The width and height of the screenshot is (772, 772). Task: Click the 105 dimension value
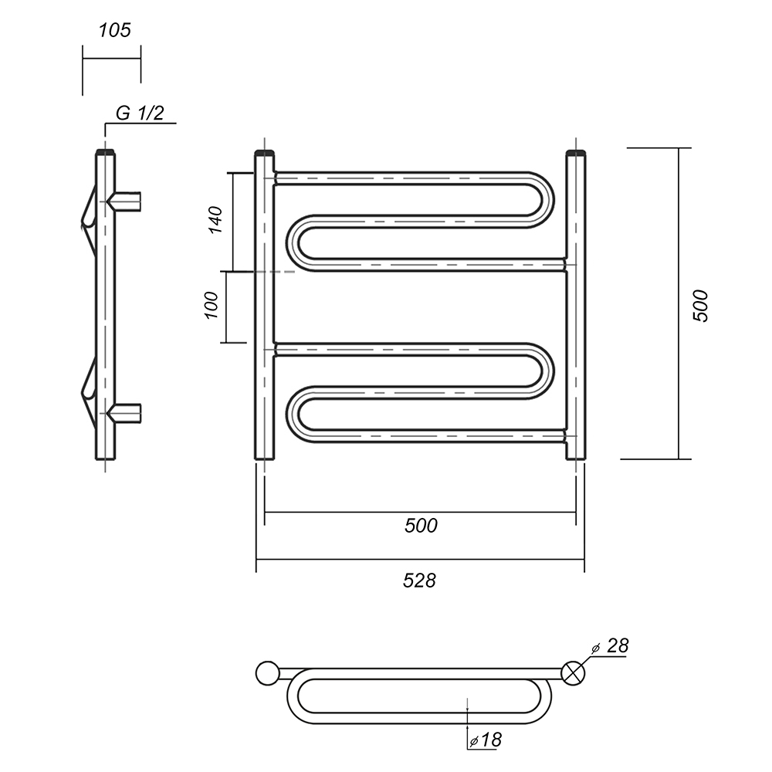click(x=115, y=31)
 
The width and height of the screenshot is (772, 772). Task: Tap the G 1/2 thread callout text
click(x=140, y=113)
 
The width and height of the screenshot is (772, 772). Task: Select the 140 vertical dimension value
click(x=215, y=220)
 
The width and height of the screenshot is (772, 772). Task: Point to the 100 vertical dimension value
click(x=211, y=305)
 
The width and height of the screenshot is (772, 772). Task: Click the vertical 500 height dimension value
click(x=700, y=306)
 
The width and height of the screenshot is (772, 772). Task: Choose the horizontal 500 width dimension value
click(x=421, y=526)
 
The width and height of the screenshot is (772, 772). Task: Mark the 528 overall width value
click(x=419, y=581)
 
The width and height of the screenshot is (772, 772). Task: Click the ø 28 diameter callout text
click(x=611, y=646)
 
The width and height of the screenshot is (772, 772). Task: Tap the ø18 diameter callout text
click(x=486, y=740)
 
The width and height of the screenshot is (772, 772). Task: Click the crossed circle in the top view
click(x=574, y=673)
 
